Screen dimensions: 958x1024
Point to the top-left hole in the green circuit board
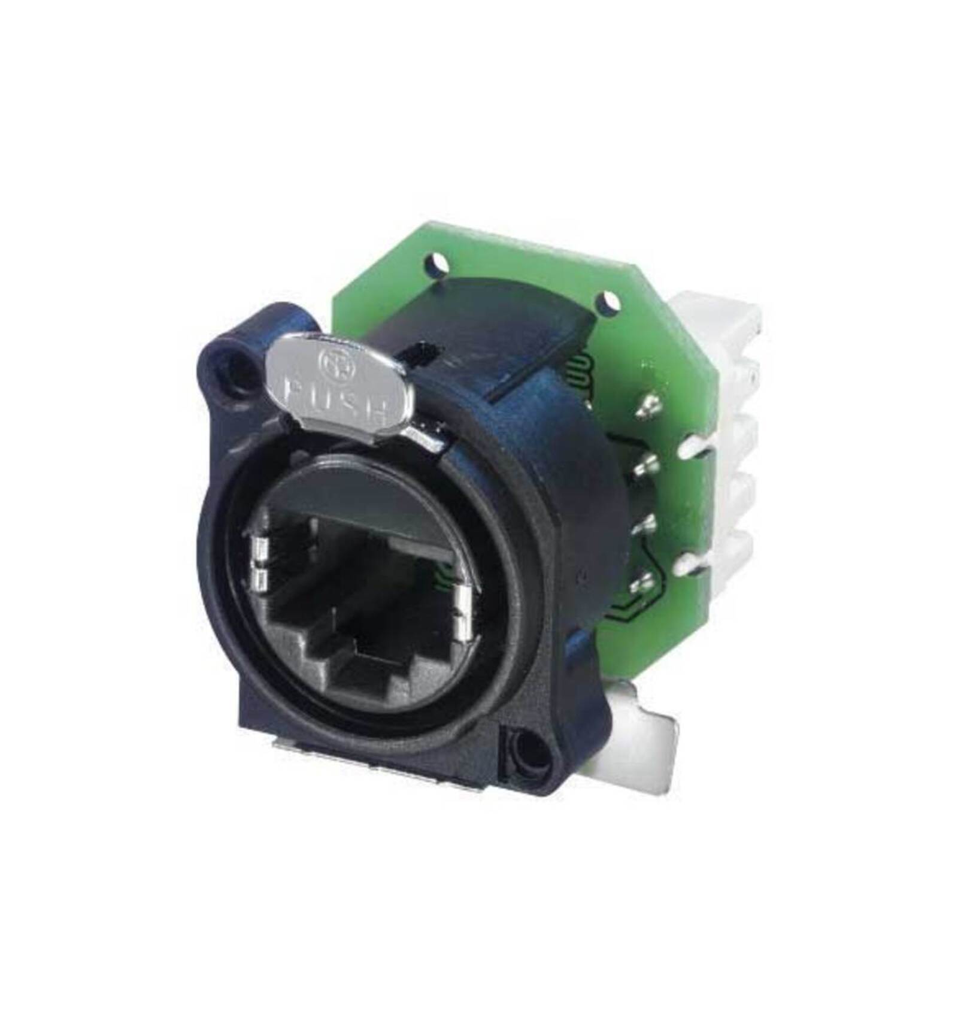(436, 262)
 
